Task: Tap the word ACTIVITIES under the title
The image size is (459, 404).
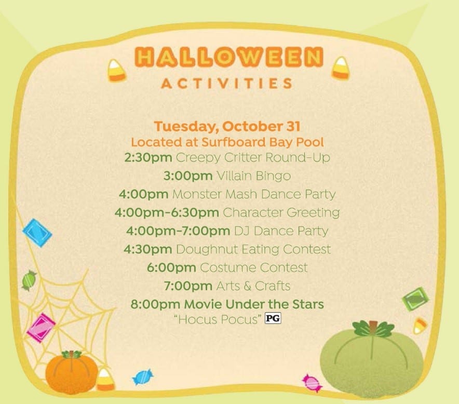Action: click(x=227, y=84)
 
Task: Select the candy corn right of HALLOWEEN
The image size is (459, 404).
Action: click(x=341, y=68)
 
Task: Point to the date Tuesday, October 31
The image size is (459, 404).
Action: click(x=227, y=126)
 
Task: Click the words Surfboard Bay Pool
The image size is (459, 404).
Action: click(x=263, y=142)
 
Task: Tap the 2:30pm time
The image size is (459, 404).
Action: click(x=148, y=157)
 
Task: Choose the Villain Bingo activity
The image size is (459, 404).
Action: click(x=253, y=176)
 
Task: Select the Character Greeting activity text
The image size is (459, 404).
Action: click(x=281, y=212)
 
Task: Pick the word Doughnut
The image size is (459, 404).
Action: click(x=207, y=249)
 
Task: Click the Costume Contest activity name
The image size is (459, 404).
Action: click(x=254, y=267)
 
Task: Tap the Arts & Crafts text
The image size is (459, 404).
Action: click(x=253, y=286)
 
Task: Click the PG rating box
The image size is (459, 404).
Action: click(x=273, y=318)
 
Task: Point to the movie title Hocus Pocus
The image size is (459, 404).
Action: click(x=217, y=319)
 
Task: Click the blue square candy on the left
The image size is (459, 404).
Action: click(x=37, y=233)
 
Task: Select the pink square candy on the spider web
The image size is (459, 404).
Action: click(x=41, y=327)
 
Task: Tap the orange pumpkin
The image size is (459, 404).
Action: click(x=72, y=372)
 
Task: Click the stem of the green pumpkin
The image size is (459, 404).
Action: click(x=373, y=325)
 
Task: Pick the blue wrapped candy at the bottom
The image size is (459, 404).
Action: click(x=143, y=377)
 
